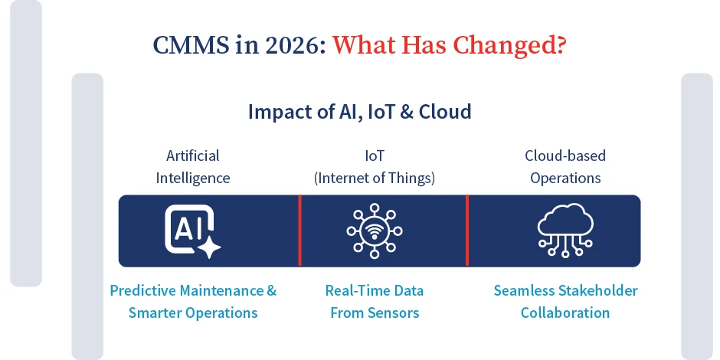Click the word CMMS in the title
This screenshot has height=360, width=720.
point(191,45)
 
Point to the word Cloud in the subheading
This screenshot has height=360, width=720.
point(445,112)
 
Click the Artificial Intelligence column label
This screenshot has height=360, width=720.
point(193,167)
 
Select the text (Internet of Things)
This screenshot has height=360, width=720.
point(375,178)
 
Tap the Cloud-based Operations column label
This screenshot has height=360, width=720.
point(565,167)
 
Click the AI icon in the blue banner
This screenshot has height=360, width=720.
point(192,231)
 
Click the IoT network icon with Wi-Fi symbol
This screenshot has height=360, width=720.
point(375,231)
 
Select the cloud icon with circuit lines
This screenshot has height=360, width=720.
point(565,231)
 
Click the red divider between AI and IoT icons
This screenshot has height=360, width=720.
point(299,231)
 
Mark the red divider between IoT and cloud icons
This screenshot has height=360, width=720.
point(467,231)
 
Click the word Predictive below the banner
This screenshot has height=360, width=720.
point(143,290)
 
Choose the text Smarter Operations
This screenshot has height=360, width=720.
point(193,313)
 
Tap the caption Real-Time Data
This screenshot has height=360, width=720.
point(375,290)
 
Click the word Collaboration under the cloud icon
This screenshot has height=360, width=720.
point(565,313)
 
